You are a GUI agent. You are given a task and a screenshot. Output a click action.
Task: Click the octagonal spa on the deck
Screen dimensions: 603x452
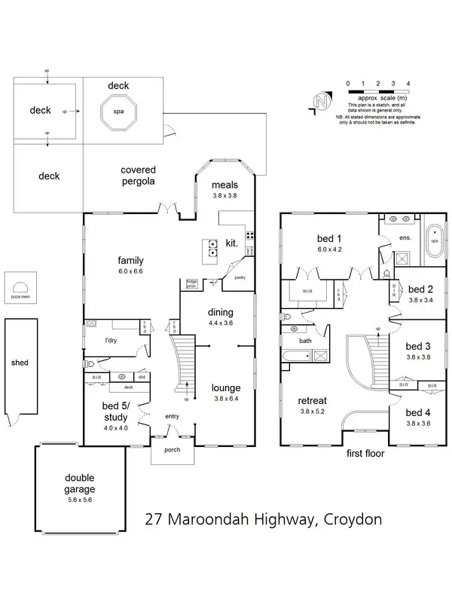pyautogui.click(x=118, y=113)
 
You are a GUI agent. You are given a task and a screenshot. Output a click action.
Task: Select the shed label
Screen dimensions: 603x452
pyautogui.click(x=20, y=363)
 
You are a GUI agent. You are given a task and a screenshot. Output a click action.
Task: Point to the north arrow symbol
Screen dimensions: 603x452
pyautogui.click(x=323, y=103)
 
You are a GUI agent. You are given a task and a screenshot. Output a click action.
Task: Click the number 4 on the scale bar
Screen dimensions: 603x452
pyautogui.click(x=408, y=83)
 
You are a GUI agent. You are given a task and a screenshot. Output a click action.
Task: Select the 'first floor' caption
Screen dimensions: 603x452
pyautogui.click(x=365, y=454)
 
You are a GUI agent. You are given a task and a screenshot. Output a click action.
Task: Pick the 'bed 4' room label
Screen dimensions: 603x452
pyautogui.click(x=417, y=412)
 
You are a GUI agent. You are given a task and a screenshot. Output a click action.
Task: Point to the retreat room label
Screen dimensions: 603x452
pyautogui.click(x=316, y=400)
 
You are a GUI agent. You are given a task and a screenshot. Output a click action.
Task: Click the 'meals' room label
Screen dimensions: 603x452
pyautogui.click(x=224, y=185)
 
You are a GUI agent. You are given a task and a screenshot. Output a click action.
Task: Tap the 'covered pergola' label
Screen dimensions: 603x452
pyautogui.click(x=138, y=176)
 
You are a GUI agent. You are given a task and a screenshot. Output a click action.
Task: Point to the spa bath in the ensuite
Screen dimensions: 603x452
pyautogui.click(x=433, y=243)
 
